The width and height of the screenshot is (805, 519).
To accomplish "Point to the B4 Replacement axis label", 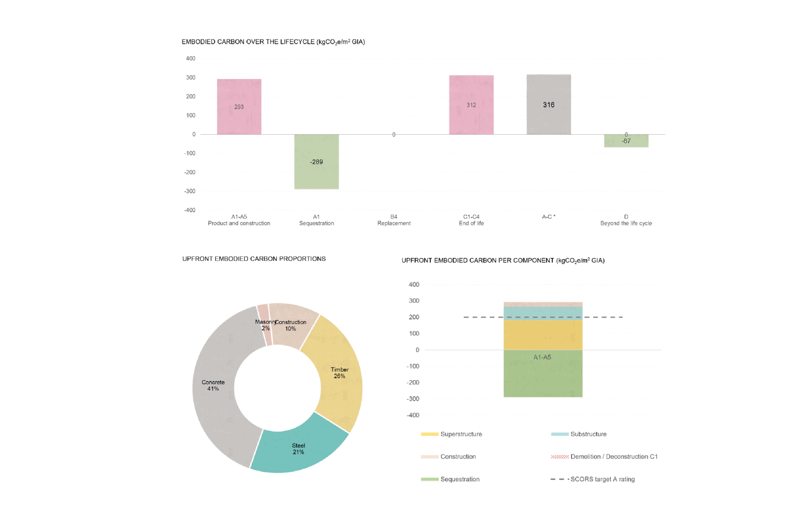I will coord(394,220).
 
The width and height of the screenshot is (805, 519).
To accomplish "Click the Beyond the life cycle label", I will coord(626,223).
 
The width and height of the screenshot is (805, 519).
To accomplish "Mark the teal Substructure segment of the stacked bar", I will coord(543,312).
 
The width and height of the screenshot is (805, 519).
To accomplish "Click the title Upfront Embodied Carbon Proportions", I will coord(254,259).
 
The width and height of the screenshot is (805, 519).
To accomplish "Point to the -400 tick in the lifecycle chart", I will coord(190,210).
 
